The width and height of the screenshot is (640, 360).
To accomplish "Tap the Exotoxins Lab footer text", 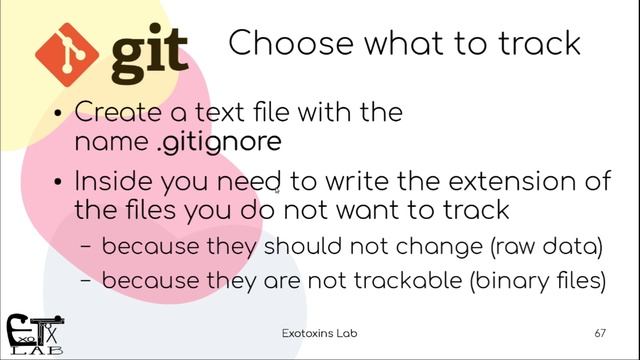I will tap(319, 331).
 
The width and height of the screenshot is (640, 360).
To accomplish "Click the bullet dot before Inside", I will tap(59, 184).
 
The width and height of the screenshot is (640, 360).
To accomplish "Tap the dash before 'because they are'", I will tap(86, 283).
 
